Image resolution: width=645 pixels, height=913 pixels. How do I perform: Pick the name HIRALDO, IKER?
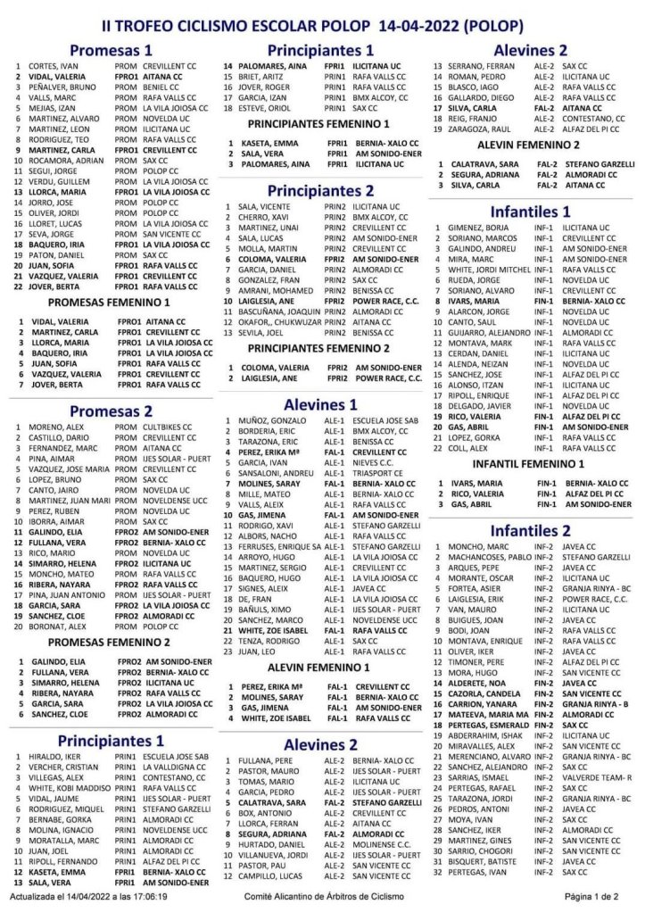56,756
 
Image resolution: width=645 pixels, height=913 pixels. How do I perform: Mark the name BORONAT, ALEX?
56,626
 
